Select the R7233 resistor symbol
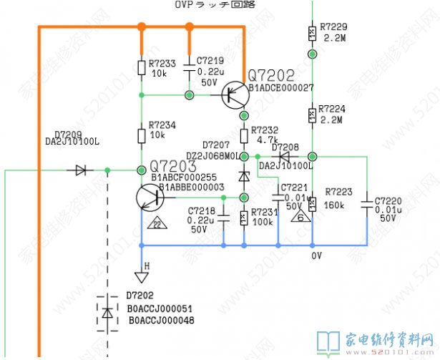coord(142,67)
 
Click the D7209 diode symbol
coord(80,170)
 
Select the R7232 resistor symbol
coord(244,135)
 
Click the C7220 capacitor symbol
coord(366,202)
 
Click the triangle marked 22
coord(155,224)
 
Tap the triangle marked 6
coord(301,215)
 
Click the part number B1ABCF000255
coord(183,177)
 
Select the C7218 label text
coord(202,210)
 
